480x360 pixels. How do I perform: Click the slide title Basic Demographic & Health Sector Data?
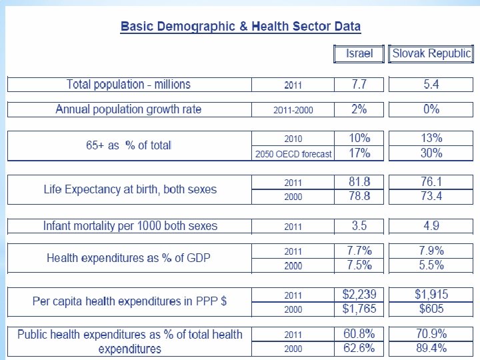point(240,27)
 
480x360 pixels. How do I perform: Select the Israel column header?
point(359,53)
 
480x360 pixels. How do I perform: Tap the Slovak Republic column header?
point(431,53)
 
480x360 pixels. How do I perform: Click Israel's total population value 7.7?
point(359,85)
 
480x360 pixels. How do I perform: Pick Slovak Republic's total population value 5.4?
point(431,85)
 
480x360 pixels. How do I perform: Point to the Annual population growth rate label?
point(129,109)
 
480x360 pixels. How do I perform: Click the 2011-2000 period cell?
point(293,110)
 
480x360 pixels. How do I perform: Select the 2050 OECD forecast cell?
point(293,154)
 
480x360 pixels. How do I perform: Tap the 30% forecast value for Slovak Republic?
point(431,153)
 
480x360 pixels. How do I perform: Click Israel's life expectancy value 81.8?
point(359,182)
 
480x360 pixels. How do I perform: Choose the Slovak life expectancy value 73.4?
point(431,196)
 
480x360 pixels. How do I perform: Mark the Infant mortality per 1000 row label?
point(130,226)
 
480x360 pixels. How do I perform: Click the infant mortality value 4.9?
point(431,226)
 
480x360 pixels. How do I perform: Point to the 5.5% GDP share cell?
point(431,265)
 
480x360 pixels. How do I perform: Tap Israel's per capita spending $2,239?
point(359,295)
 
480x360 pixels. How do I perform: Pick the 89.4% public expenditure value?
point(431,348)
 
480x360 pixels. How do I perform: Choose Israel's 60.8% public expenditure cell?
point(359,334)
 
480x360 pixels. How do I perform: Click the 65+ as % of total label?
point(129,145)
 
